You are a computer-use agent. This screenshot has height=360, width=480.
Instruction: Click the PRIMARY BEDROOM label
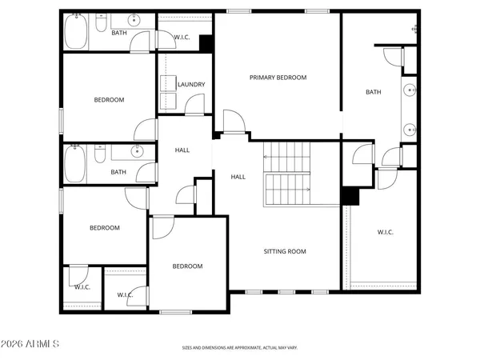click(278, 78)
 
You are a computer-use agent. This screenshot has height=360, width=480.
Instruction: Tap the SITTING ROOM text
click(285, 251)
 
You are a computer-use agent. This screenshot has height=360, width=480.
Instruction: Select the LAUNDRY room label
click(191, 84)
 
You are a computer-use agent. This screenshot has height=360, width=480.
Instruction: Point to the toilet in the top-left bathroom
click(101, 26)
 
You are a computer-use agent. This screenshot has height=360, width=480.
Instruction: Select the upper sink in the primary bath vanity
click(409, 90)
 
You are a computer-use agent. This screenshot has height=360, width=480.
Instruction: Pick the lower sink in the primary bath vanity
click(409, 129)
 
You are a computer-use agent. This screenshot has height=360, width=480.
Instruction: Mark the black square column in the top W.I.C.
click(205, 45)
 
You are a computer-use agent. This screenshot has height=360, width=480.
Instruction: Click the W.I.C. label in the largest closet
click(386, 233)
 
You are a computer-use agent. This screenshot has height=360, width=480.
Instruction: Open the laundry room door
click(194, 104)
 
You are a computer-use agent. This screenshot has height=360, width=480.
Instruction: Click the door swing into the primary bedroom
click(233, 122)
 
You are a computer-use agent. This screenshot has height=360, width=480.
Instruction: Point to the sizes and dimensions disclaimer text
click(239, 348)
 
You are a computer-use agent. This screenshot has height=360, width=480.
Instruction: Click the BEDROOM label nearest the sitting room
click(188, 266)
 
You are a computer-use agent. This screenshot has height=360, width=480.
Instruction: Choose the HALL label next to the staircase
click(238, 177)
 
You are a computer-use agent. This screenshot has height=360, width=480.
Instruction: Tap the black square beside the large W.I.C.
click(349, 196)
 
